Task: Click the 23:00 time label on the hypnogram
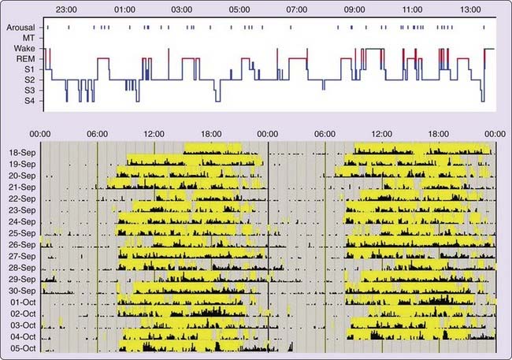pyautogui.click(x=67, y=9)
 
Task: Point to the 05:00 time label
pyautogui.click(x=239, y=9)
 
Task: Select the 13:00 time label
pyautogui.click(x=470, y=9)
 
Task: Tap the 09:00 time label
pyautogui.click(x=354, y=9)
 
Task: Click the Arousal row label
pyautogui.click(x=20, y=27)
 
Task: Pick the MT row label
pyautogui.click(x=28, y=37)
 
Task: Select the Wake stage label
pyautogui.click(x=24, y=48)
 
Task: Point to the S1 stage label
pyautogui.click(x=29, y=69)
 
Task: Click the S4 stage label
pyautogui.click(x=29, y=102)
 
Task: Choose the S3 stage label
pyautogui.click(x=29, y=91)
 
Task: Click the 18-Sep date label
pyautogui.click(x=22, y=152)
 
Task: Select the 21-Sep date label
pyautogui.click(x=22, y=187)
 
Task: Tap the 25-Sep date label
pyautogui.click(x=22, y=233)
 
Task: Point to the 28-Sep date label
pyautogui.click(x=22, y=268)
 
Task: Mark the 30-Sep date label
pyautogui.click(x=22, y=291)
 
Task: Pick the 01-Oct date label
pyautogui.click(x=22, y=302)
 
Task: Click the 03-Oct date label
pyautogui.click(x=22, y=325)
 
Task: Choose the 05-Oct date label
pyautogui.click(x=22, y=348)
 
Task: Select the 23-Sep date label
pyautogui.click(x=22, y=210)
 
